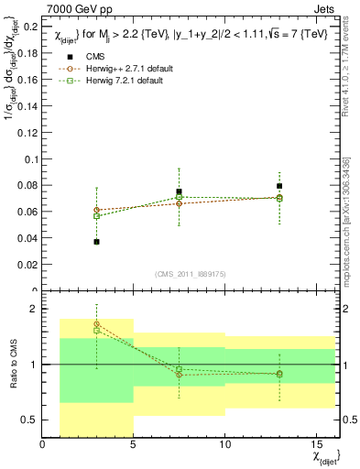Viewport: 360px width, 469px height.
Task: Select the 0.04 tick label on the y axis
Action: (27, 238)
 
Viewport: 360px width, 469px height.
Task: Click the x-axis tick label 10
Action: (224, 444)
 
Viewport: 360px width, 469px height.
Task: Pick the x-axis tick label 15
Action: (315, 444)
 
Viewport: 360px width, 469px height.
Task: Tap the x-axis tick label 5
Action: (134, 444)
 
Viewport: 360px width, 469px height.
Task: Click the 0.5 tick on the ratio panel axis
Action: (29, 420)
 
